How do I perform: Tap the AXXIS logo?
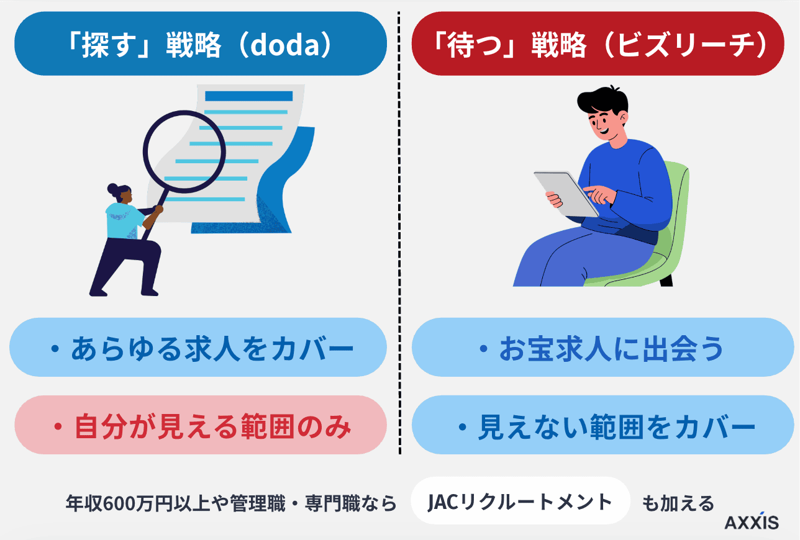[752, 522]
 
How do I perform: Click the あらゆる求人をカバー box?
[198, 348]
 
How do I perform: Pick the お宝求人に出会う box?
[602, 348]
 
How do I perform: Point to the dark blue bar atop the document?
[248, 96]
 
